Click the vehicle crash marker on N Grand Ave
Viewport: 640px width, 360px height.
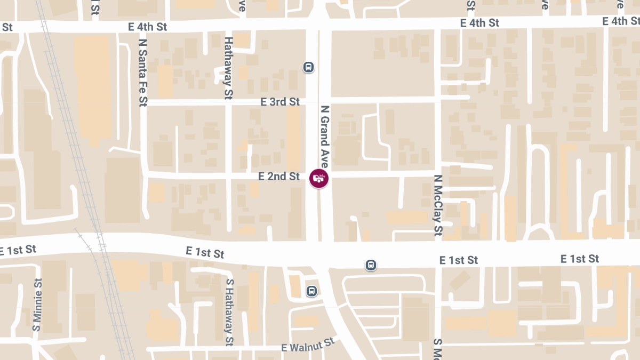319,178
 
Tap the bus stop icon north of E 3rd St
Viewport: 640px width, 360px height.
308,67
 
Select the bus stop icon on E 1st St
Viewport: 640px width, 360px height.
371,265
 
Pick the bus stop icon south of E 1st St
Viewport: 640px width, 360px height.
311,291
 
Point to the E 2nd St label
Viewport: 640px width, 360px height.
279,176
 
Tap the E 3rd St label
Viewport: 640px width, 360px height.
280,101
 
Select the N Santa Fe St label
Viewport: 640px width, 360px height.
142,72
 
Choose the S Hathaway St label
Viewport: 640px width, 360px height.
229,312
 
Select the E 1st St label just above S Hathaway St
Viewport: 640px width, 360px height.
205,252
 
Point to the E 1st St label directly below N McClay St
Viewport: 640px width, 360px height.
459,260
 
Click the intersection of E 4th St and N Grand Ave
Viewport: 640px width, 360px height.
319,23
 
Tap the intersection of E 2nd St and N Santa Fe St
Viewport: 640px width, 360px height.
143,175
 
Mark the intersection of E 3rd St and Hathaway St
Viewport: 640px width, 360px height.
228,102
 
